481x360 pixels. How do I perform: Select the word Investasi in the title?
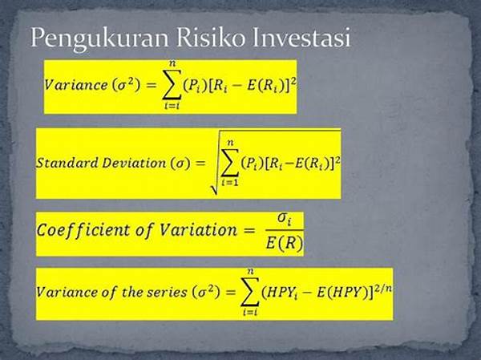coord(301,38)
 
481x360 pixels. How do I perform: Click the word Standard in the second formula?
coord(67,162)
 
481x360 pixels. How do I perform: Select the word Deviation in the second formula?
coord(134,162)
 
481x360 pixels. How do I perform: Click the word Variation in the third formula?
coord(199,229)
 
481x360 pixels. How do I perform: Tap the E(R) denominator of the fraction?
coord(285,243)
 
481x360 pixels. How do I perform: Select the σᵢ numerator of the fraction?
coord(284,220)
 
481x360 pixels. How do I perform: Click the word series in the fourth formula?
coord(167,292)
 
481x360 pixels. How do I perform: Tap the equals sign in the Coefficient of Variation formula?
coord(249,230)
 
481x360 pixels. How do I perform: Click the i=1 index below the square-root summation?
coord(230,182)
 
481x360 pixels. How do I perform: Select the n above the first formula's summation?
coord(172,64)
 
